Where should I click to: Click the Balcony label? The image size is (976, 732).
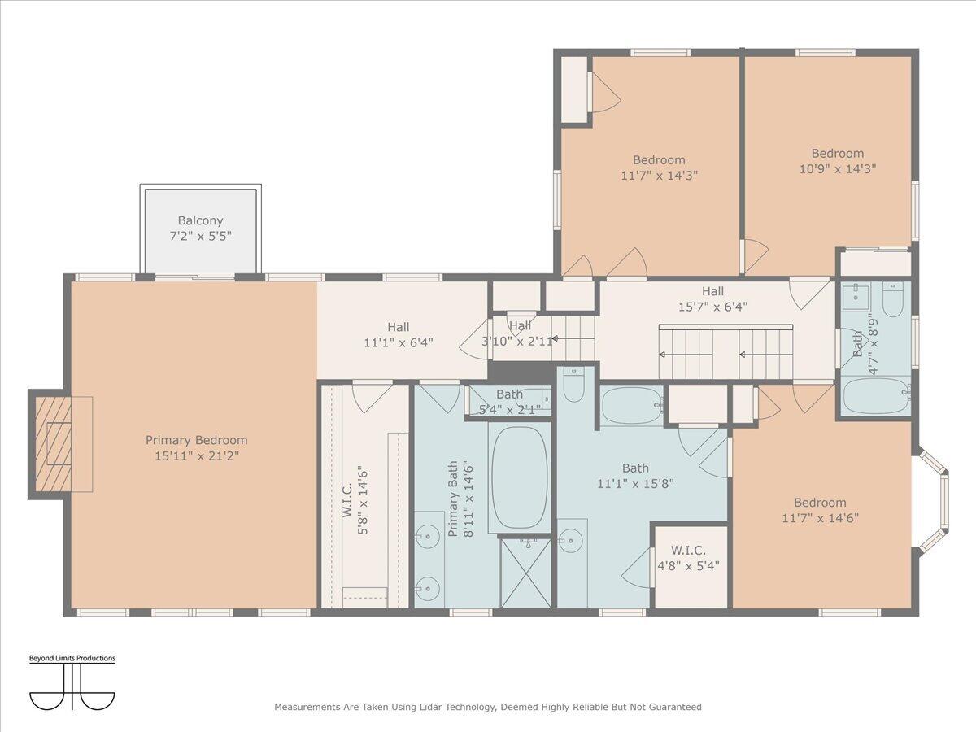[x=200, y=228]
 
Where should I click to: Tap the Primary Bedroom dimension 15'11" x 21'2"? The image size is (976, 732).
[x=197, y=456]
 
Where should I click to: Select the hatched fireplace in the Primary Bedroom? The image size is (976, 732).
[x=54, y=444]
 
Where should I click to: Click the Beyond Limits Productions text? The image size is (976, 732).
[x=72, y=658]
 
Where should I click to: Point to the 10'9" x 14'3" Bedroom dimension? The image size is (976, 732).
[x=838, y=169]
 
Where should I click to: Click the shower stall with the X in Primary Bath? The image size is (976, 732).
[x=525, y=573]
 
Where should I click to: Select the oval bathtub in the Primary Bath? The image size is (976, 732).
[x=520, y=477]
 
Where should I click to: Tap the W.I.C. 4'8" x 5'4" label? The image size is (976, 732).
[x=688, y=558]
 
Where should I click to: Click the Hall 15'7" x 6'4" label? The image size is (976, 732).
[x=712, y=299]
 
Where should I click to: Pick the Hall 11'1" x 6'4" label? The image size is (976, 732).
[x=399, y=335]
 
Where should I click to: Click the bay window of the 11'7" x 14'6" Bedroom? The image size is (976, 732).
[x=934, y=502]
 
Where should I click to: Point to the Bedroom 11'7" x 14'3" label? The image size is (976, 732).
[x=659, y=168]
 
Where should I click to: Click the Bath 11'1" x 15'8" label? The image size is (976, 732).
[x=635, y=476]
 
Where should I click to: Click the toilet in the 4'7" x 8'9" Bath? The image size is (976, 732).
[x=892, y=298]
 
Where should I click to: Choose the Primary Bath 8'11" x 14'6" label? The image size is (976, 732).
[x=460, y=499]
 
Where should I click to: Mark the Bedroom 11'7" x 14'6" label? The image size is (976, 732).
[x=821, y=510]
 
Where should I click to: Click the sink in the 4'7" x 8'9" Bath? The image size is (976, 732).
[x=856, y=295]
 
